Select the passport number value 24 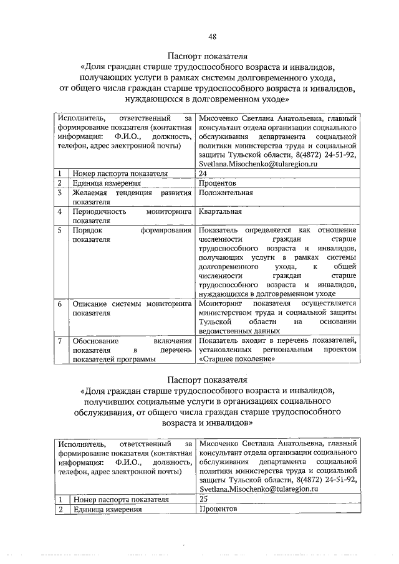click(203, 173)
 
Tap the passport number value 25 click(203, 499)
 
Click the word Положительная click(226, 193)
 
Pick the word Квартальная click(221, 212)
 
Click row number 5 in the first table click(59, 231)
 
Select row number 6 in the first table click(59, 304)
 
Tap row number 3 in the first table click(59, 193)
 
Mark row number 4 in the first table click(59, 212)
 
